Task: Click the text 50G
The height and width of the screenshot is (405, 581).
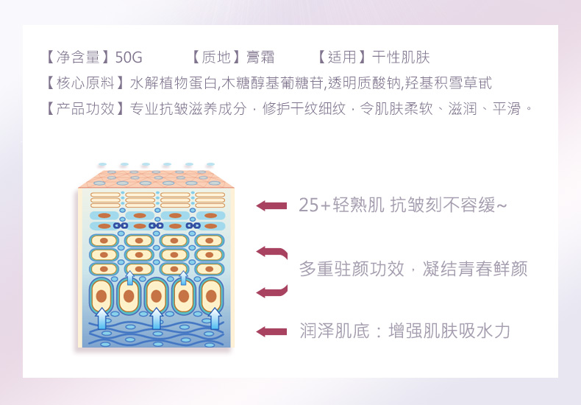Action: point(129,57)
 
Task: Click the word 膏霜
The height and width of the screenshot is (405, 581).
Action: point(260,57)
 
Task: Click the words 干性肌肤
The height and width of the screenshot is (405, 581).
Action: point(401,57)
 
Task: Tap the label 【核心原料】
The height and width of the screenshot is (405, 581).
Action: point(85,83)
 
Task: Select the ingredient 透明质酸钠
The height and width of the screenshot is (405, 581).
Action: point(364,83)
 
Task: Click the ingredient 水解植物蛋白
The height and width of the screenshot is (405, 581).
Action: point(174,83)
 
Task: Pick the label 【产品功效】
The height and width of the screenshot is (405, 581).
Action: point(85,109)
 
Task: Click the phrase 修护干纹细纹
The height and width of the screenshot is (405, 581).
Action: point(304,109)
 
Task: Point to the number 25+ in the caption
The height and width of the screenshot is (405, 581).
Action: point(314,205)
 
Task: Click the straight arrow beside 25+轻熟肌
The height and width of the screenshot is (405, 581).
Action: point(271,205)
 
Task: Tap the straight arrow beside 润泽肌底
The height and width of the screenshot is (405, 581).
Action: point(271,331)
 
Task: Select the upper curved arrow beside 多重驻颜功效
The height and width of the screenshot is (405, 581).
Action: point(272,253)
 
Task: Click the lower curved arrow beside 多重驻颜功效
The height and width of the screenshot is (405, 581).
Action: point(272,292)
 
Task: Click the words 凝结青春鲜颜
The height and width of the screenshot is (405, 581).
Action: point(475,269)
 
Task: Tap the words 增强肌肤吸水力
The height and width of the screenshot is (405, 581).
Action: point(449,331)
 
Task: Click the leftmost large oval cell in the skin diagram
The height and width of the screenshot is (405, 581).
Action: point(101,296)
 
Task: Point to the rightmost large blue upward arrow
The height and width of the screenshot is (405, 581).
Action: point(215,318)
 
